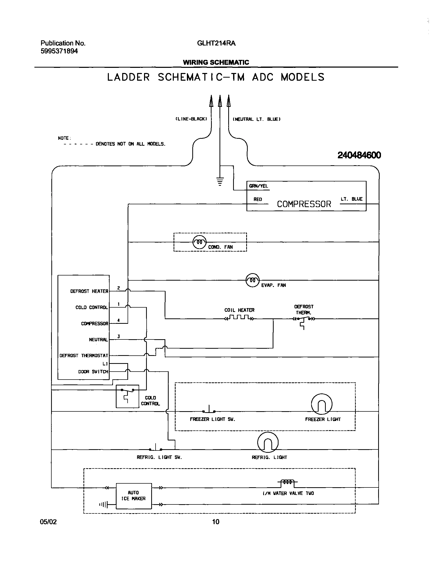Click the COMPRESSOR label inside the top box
(304, 204)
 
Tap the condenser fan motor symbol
(199, 242)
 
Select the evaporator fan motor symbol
(253, 280)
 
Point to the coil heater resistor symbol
(239, 318)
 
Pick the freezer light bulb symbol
(321, 404)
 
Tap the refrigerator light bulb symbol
(268, 442)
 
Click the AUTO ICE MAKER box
(134, 496)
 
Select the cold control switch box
(128, 396)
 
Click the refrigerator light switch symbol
(156, 448)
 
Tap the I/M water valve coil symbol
(287, 482)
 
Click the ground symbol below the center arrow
(220, 181)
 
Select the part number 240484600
(359, 155)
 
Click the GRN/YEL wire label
(259, 186)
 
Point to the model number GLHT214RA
(216, 43)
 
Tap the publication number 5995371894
(59, 51)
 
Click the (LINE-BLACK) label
(191, 119)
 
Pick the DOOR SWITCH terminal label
(93, 372)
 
